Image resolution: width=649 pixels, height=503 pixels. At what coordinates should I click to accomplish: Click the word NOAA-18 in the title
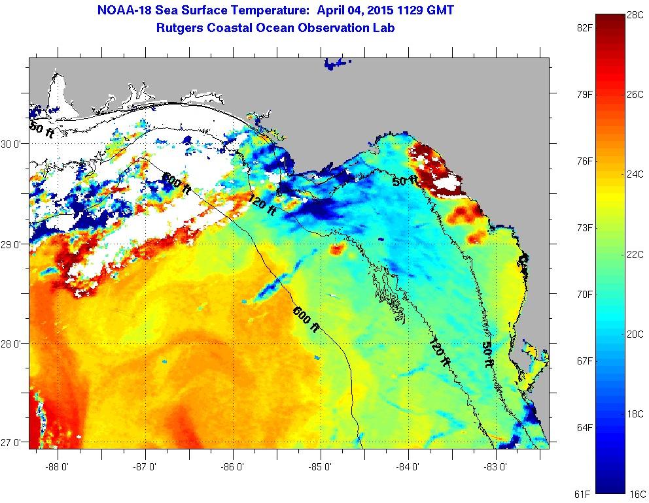click(124, 10)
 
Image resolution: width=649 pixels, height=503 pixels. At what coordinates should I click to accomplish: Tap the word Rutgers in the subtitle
click(181, 28)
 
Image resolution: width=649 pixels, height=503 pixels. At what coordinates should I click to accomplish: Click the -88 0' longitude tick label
click(58, 467)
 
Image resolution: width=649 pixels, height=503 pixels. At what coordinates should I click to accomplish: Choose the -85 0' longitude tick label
click(321, 467)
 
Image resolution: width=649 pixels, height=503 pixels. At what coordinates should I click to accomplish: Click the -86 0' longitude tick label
click(233, 467)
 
